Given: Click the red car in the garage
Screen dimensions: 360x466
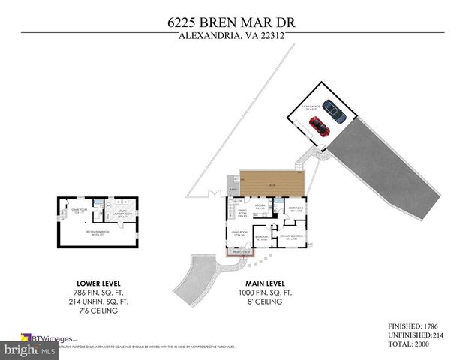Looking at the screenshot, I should tap(320, 127).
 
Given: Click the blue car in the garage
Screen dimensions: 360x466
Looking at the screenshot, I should tap(335, 111).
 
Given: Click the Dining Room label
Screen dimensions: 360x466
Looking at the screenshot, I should tap(243, 214).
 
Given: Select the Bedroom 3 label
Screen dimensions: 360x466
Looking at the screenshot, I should tap(295, 208).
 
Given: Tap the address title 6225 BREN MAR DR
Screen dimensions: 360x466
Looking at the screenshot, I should tap(231, 22).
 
